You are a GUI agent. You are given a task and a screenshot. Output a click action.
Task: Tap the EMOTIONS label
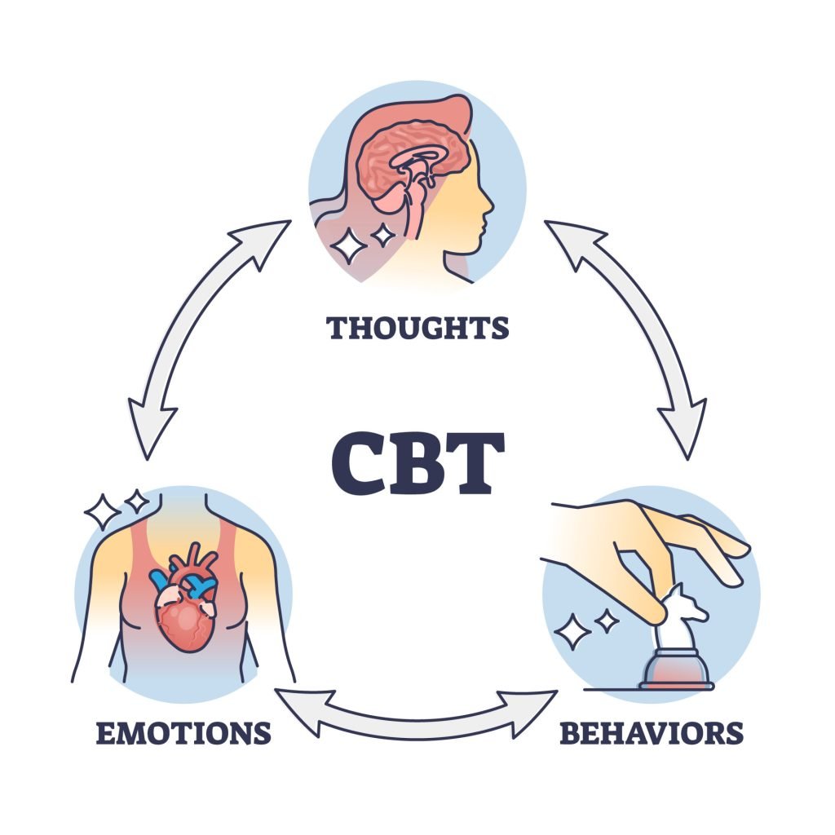[183, 731]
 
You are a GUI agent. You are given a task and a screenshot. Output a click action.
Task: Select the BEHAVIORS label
[651, 731]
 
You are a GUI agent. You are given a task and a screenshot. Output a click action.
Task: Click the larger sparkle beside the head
[348, 245]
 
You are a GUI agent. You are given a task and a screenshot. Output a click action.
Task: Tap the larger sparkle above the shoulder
[103, 512]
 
